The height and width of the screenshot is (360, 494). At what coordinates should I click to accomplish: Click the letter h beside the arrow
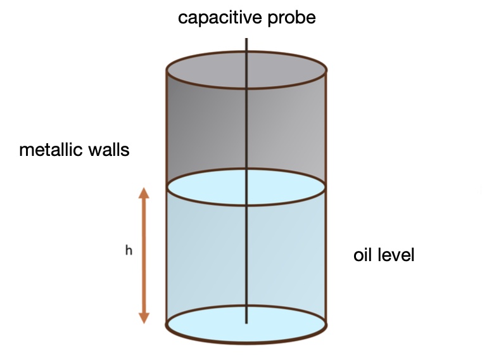(x=129, y=250)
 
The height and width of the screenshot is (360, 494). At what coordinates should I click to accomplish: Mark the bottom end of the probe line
(x=246, y=323)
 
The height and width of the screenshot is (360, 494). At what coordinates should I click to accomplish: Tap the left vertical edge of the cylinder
(x=167, y=190)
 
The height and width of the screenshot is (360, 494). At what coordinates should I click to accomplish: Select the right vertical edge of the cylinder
(x=326, y=190)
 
